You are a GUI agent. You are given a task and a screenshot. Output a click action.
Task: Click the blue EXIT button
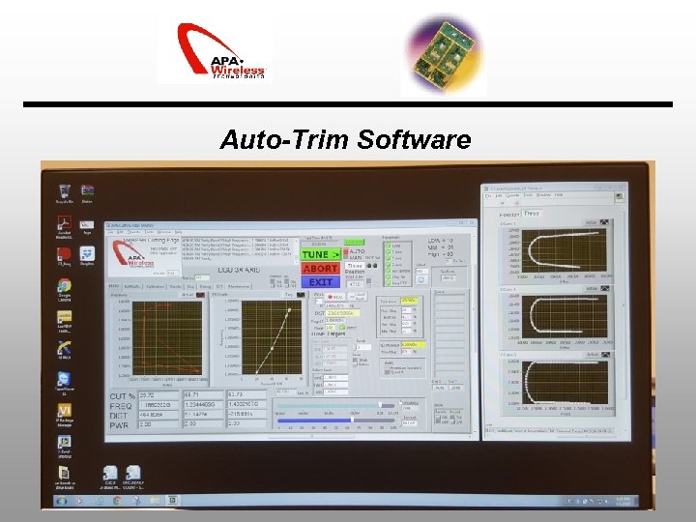coord(321,282)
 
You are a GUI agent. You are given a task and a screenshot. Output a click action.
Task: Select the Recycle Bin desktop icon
coord(64,192)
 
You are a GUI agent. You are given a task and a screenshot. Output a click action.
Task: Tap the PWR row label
coord(119,423)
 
